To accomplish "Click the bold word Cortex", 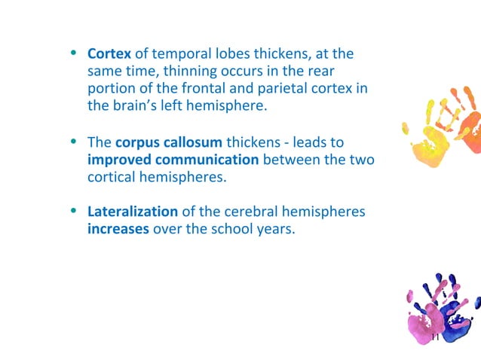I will pyautogui.click(x=109, y=54).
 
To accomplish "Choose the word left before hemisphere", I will pyautogui.click(x=182, y=106).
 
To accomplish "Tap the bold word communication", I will pyautogui.click(x=206, y=160).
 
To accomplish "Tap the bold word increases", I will pyautogui.click(x=118, y=229).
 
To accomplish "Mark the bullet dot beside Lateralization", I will pyautogui.click(x=74, y=211).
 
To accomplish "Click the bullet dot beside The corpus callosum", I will pyautogui.click(x=74, y=142).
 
